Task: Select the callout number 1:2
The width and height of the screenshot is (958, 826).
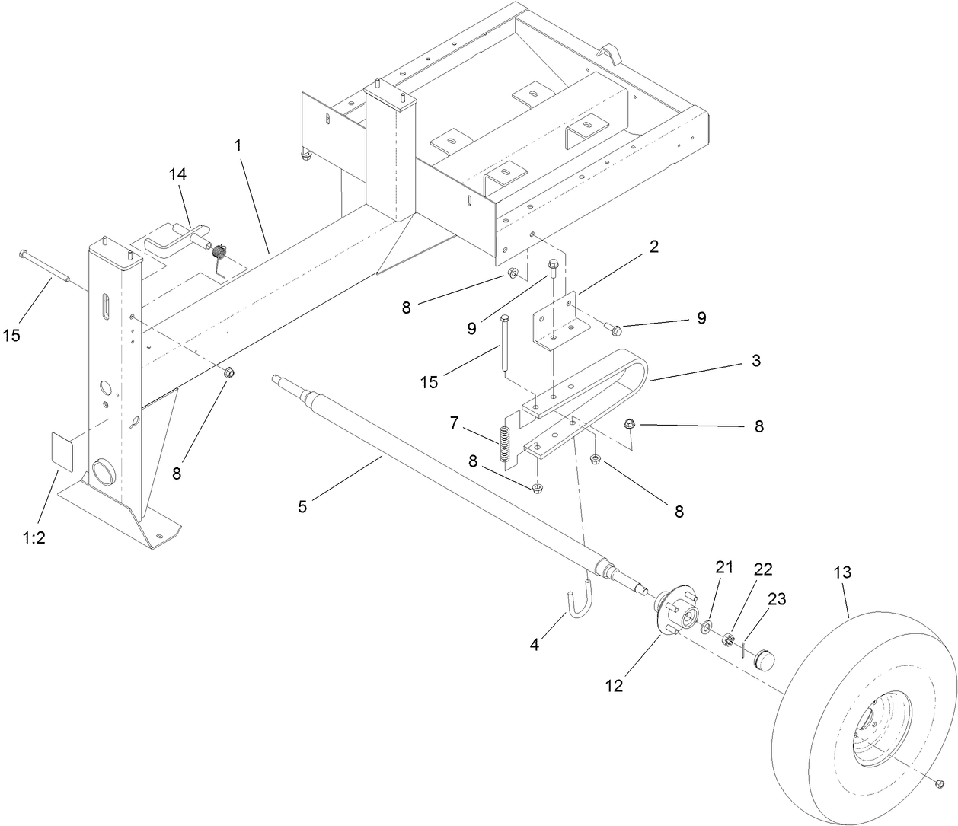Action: point(34,537)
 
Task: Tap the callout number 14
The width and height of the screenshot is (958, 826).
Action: point(177,174)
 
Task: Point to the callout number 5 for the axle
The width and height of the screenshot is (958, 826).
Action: point(302,505)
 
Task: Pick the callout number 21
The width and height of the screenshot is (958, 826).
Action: point(723,566)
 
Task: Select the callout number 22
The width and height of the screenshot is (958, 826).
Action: point(762,569)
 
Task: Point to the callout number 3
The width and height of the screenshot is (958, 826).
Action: point(755,361)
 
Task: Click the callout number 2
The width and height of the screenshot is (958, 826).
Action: point(653,247)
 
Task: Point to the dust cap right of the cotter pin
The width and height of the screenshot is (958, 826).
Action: point(763,657)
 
